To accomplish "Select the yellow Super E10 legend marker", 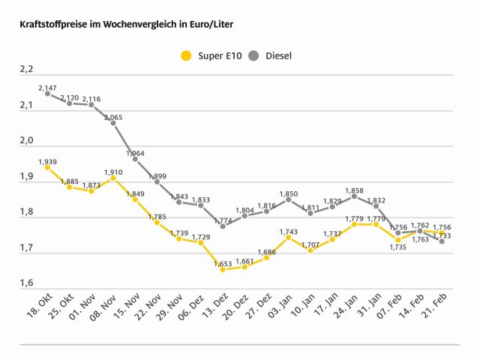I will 186,55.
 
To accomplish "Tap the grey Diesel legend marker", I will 253,55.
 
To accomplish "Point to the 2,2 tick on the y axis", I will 27,70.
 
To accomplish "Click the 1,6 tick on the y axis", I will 27,283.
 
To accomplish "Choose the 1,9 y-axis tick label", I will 27,177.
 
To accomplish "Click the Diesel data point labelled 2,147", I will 47,94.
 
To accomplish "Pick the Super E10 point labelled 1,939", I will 47,167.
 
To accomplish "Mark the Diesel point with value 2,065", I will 113,123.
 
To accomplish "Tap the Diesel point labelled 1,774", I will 223,226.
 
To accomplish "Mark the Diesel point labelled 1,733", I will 442,241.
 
